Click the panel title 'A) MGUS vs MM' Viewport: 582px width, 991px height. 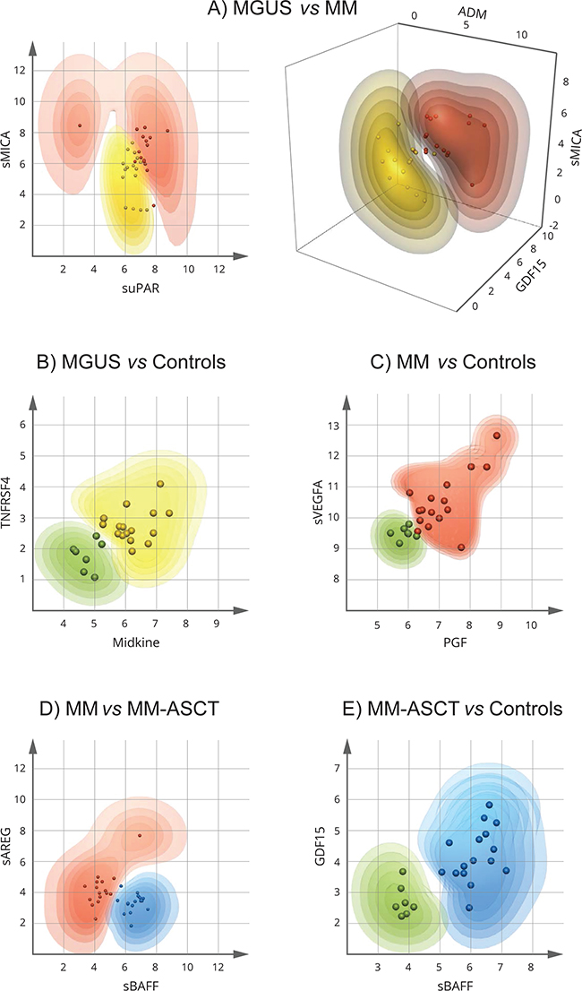pos(291,13)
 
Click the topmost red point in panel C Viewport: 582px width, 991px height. pos(496,435)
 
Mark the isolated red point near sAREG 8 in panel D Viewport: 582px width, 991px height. pos(139,835)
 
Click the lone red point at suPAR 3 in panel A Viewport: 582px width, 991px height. pos(79,126)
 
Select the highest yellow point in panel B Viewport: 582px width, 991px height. pos(160,484)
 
